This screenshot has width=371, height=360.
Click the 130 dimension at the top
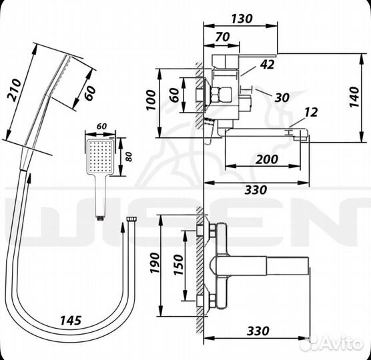point(242,19)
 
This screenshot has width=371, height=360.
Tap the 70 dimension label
point(223,37)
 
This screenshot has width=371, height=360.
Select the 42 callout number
point(267,64)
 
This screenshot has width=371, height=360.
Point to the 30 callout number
point(282,97)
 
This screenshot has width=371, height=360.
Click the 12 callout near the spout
point(311,112)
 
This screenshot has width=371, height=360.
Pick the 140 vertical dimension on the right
point(354,97)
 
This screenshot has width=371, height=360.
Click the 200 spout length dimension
point(267,159)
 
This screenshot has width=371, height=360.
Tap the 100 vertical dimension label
point(151,100)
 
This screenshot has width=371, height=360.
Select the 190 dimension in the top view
point(155,263)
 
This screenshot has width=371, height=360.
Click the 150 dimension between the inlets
point(178,265)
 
